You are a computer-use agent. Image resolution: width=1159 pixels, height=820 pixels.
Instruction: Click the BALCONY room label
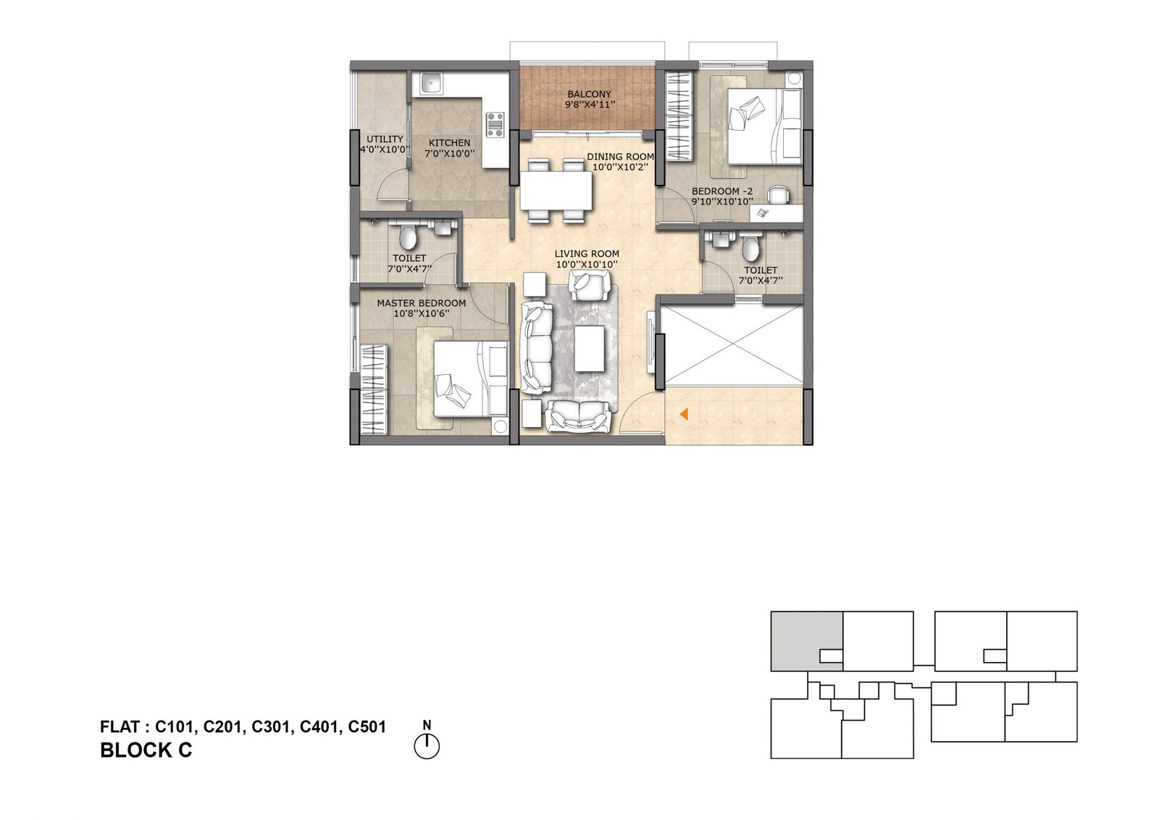click(x=589, y=94)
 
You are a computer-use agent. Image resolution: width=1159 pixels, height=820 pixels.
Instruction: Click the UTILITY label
click(x=385, y=138)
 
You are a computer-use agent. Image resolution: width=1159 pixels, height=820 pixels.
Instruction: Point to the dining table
click(x=556, y=190)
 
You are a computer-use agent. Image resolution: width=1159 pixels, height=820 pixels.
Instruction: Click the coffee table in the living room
click(x=590, y=348)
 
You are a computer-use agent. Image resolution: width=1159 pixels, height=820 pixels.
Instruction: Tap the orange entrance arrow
click(x=684, y=414)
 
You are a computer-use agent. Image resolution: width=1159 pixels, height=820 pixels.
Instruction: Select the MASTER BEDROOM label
click(x=421, y=303)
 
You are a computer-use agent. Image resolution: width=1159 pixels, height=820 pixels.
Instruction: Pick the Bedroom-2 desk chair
click(x=778, y=195)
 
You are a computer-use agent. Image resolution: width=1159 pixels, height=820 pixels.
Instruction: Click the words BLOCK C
click(x=146, y=750)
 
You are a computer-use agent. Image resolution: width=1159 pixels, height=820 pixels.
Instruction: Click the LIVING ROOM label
click(x=587, y=254)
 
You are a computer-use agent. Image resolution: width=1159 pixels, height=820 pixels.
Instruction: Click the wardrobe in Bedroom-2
click(x=679, y=117)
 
